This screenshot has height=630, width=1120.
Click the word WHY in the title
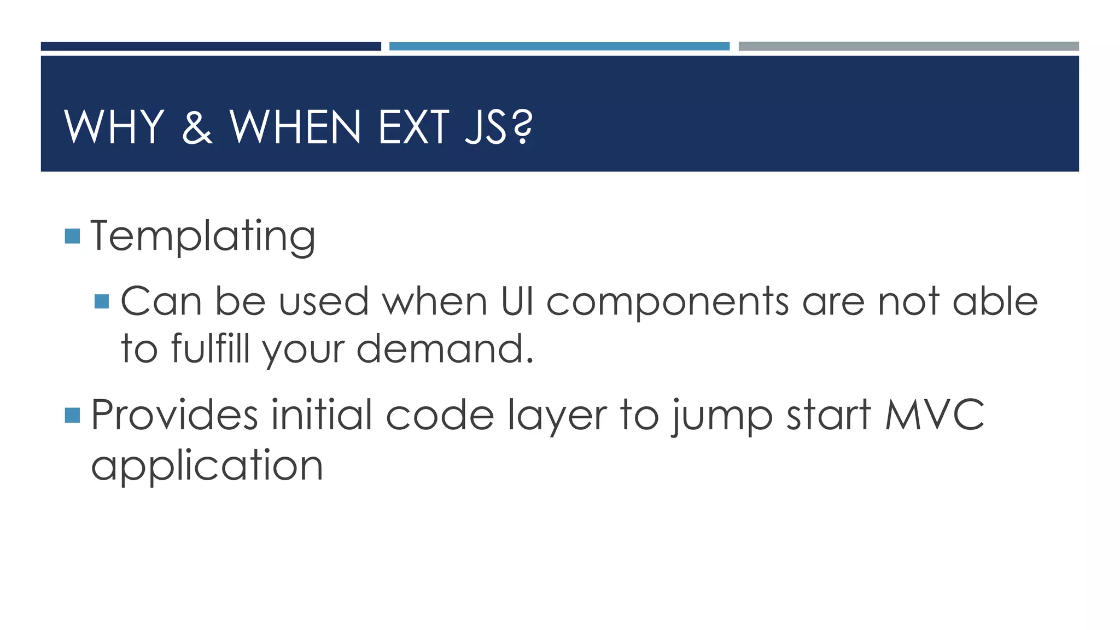pos(114,127)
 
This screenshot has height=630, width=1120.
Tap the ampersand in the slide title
pos(197,127)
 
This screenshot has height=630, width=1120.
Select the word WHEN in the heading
pos(295,127)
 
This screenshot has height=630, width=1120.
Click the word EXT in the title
pos(413,127)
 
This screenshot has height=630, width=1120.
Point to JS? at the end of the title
pos(498,127)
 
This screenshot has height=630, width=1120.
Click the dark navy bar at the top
pos(211,46)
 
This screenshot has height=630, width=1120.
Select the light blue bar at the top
pos(559,46)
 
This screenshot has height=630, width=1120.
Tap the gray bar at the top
pos(908,46)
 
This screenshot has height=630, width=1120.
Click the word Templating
pos(203,236)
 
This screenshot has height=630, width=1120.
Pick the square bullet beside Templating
pos(72,236)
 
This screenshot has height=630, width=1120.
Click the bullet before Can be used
pos(102,301)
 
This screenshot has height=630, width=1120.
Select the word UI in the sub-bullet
pos(517,301)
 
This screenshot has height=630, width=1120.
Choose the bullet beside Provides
pos(72,415)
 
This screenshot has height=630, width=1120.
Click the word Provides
pos(174,415)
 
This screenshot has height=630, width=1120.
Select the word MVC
pos(934,415)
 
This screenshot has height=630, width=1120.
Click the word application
pos(207,466)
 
